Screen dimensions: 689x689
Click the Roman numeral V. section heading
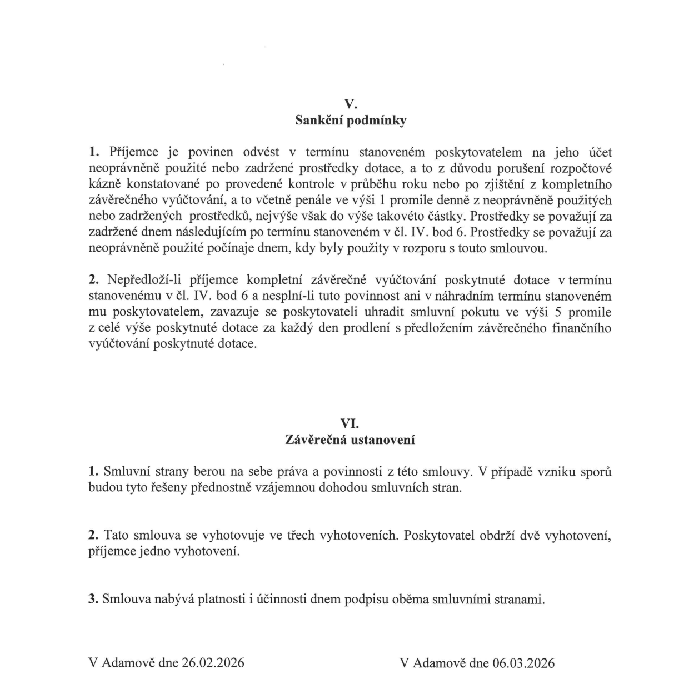tap(350, 104)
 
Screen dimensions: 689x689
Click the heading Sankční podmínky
tap(350, 121)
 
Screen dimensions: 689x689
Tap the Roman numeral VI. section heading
tap(350, 423)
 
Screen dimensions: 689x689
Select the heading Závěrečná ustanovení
tap(350, 440)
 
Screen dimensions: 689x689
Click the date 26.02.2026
tap(213, 663)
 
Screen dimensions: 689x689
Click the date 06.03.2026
tap(523, 663)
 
